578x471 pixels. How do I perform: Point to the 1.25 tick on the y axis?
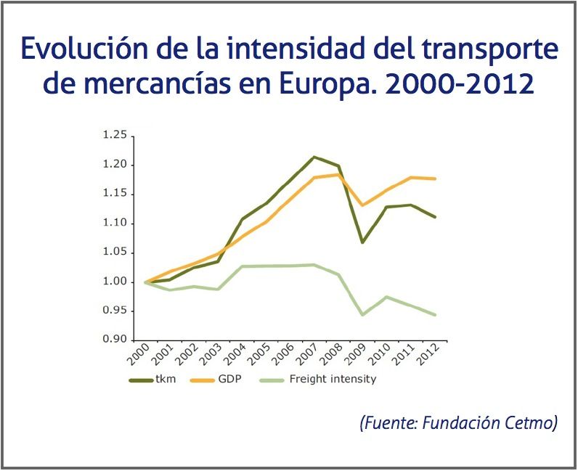coord(115,136)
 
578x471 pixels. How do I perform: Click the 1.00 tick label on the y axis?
coord(115,282)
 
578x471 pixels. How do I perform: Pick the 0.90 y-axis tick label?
coord(115,340)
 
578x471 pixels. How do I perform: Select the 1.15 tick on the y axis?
coord(115,194)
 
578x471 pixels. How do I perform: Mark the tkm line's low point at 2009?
coord(362,242)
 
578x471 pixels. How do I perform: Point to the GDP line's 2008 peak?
coord(338,174)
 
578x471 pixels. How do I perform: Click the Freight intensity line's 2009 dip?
coord(362,315)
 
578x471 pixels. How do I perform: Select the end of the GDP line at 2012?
coord(436,179)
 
